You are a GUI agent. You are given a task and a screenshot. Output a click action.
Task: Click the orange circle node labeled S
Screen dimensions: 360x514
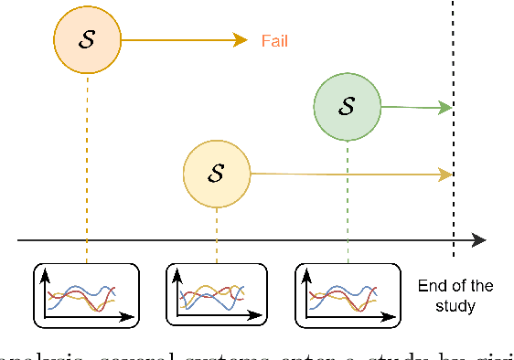click(x=87, y=39)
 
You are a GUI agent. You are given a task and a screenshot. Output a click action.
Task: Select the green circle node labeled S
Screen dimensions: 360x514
click(x=348, y=107)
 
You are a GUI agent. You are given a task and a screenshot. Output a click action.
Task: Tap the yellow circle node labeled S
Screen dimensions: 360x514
click(x=217, y=173)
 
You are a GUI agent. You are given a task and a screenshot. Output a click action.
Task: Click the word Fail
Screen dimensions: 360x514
click(x=276, y=40)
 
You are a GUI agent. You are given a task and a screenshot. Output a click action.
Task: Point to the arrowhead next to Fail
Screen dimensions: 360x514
click(x=241, y=39)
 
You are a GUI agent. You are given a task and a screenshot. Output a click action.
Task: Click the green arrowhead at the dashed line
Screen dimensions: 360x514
click(x=446, y=108)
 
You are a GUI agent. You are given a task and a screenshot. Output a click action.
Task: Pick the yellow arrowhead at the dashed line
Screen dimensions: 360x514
click(x=446, y=174)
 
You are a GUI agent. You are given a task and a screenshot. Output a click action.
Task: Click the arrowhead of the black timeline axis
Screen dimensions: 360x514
click(x=479, y=240)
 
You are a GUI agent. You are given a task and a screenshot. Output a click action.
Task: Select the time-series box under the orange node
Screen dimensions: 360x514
click(x=87, y=294)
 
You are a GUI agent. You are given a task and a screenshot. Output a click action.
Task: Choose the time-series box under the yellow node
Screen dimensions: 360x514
click(x=217, y=294)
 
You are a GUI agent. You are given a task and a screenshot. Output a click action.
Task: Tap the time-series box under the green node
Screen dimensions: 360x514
click(x=348, y=294)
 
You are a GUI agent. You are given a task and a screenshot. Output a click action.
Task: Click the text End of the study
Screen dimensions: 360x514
click(x=455, y=295)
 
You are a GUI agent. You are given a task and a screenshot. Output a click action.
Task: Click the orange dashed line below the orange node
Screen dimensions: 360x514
click(x=87, y=164)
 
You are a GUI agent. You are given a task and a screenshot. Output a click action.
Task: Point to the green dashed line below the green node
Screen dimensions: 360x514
click(x=348, y=201)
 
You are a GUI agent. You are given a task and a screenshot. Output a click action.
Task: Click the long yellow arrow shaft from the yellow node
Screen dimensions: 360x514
click(x=348, y=174)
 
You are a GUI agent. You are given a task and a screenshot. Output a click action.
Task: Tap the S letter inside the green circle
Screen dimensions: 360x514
click(x=348, y=107)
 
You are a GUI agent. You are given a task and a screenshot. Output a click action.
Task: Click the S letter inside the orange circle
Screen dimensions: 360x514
click(x=87, y=39)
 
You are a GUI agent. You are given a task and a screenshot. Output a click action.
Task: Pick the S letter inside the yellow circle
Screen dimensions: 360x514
click(x=217, y=173)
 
